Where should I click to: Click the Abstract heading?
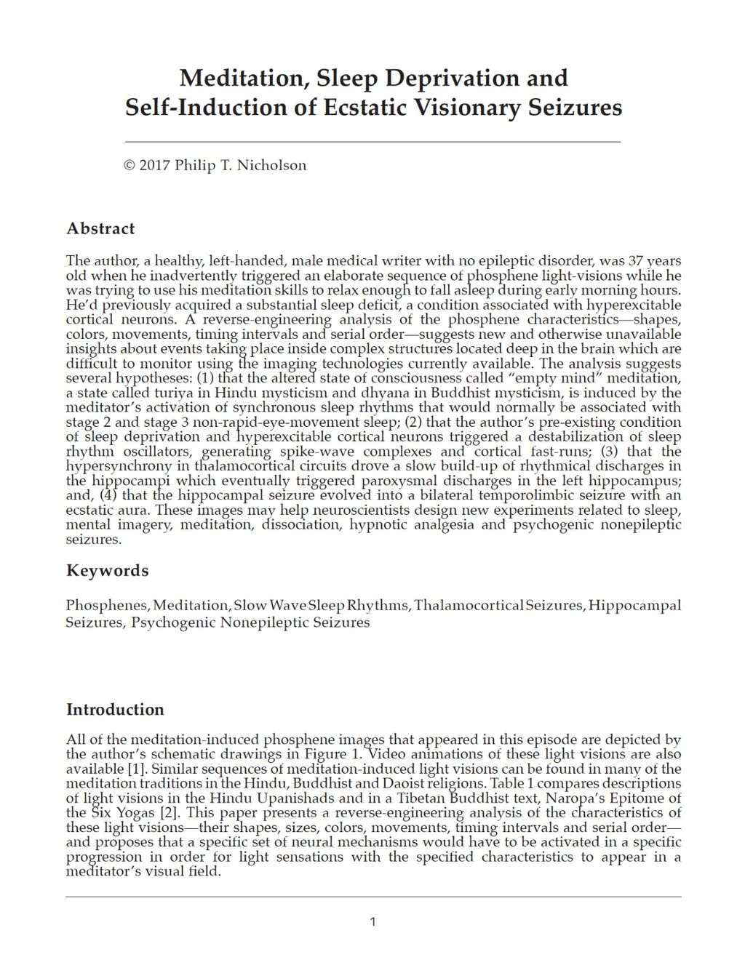100,228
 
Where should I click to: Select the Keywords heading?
107,570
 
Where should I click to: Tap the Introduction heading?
115,709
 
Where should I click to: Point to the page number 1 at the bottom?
373,922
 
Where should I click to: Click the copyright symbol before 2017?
130,165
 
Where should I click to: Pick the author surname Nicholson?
273,165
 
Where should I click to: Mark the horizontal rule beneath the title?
373,141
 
